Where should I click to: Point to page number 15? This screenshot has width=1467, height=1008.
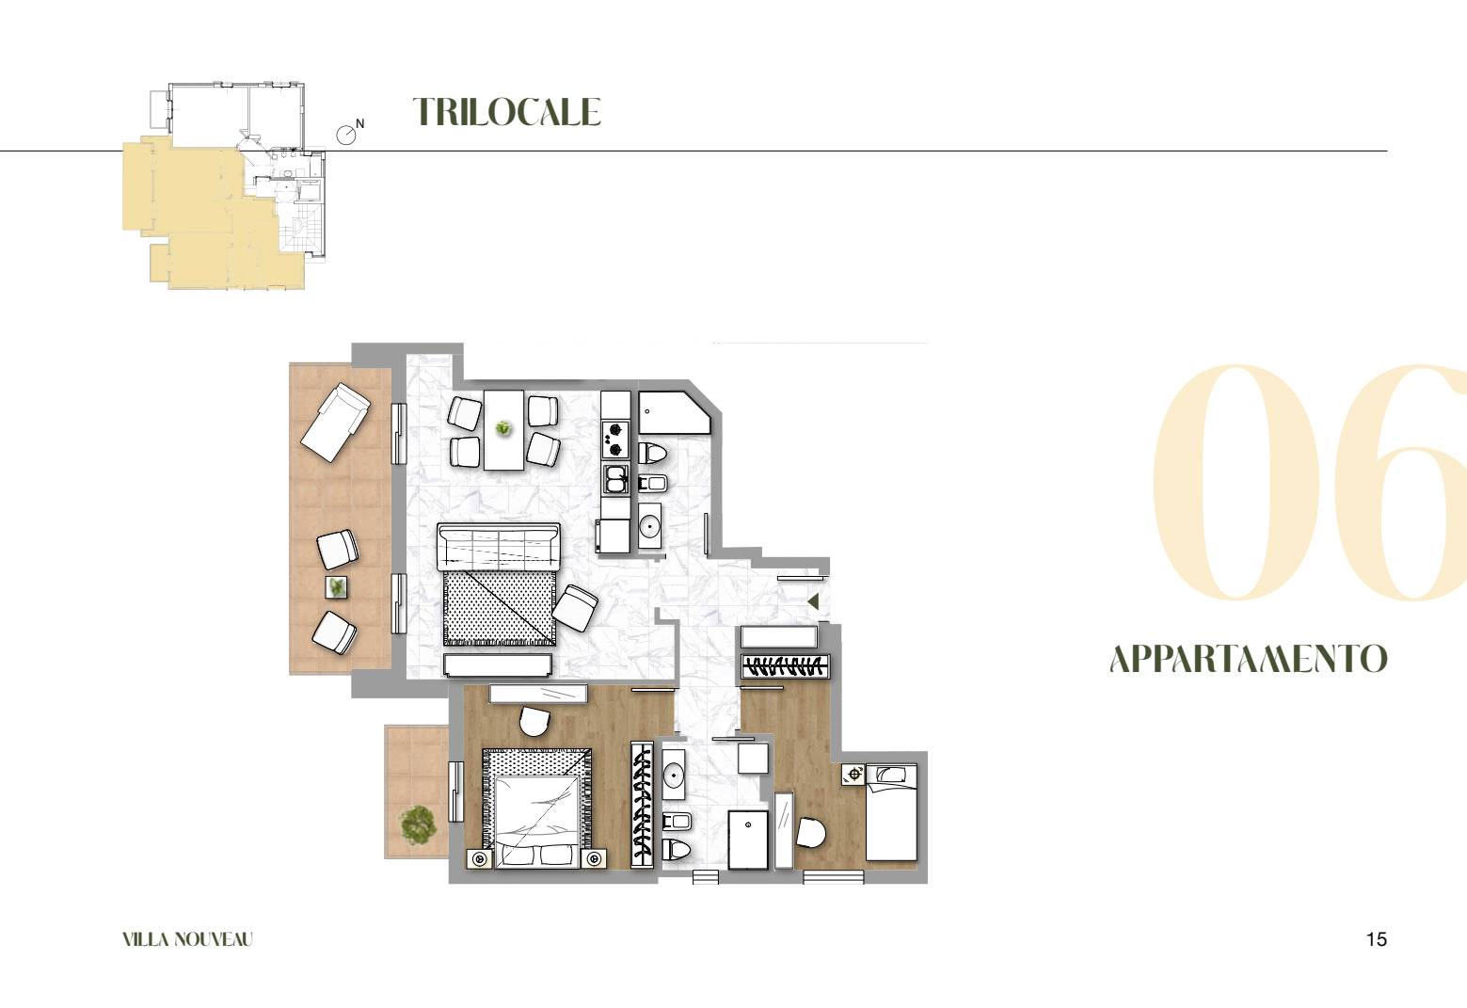pos(1377,940)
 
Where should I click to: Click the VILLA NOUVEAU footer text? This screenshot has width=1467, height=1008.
pos(187,940)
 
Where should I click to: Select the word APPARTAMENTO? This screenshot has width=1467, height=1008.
pos(1249,659)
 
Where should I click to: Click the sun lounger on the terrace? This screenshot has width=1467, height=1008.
pos(335,424)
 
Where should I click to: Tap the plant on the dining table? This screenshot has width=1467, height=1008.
pos(503,429)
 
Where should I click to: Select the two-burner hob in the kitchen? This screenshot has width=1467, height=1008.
pos(615,439)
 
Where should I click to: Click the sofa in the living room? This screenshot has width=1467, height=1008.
pos(500,546)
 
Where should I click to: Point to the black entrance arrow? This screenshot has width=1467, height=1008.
pos(813,601)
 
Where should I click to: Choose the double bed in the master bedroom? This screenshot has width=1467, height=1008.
pos(537,808)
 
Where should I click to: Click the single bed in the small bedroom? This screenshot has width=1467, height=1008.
pos(891,813)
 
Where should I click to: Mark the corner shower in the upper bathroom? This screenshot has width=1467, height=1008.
pos(675,412)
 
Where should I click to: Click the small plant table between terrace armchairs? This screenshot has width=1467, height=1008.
pos(337,587)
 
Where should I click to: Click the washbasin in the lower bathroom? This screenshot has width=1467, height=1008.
pos(674,776)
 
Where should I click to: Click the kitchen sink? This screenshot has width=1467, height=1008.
pos(615,479)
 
